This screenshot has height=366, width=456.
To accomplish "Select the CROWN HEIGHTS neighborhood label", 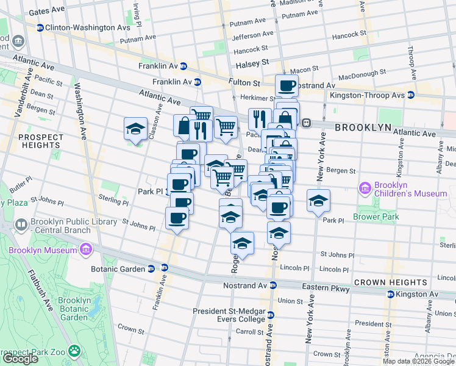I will click(390, 282).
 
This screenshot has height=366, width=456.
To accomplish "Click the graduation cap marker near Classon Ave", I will click(135, 129).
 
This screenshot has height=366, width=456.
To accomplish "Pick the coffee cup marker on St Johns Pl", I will click(177, 218).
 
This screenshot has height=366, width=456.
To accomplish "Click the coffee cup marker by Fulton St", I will click(287, 85).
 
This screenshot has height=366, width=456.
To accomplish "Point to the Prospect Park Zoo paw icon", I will click(74, 351).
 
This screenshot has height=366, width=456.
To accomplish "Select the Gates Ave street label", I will click(46, 11).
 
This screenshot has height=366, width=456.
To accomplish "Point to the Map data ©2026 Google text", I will click(418, 361).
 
